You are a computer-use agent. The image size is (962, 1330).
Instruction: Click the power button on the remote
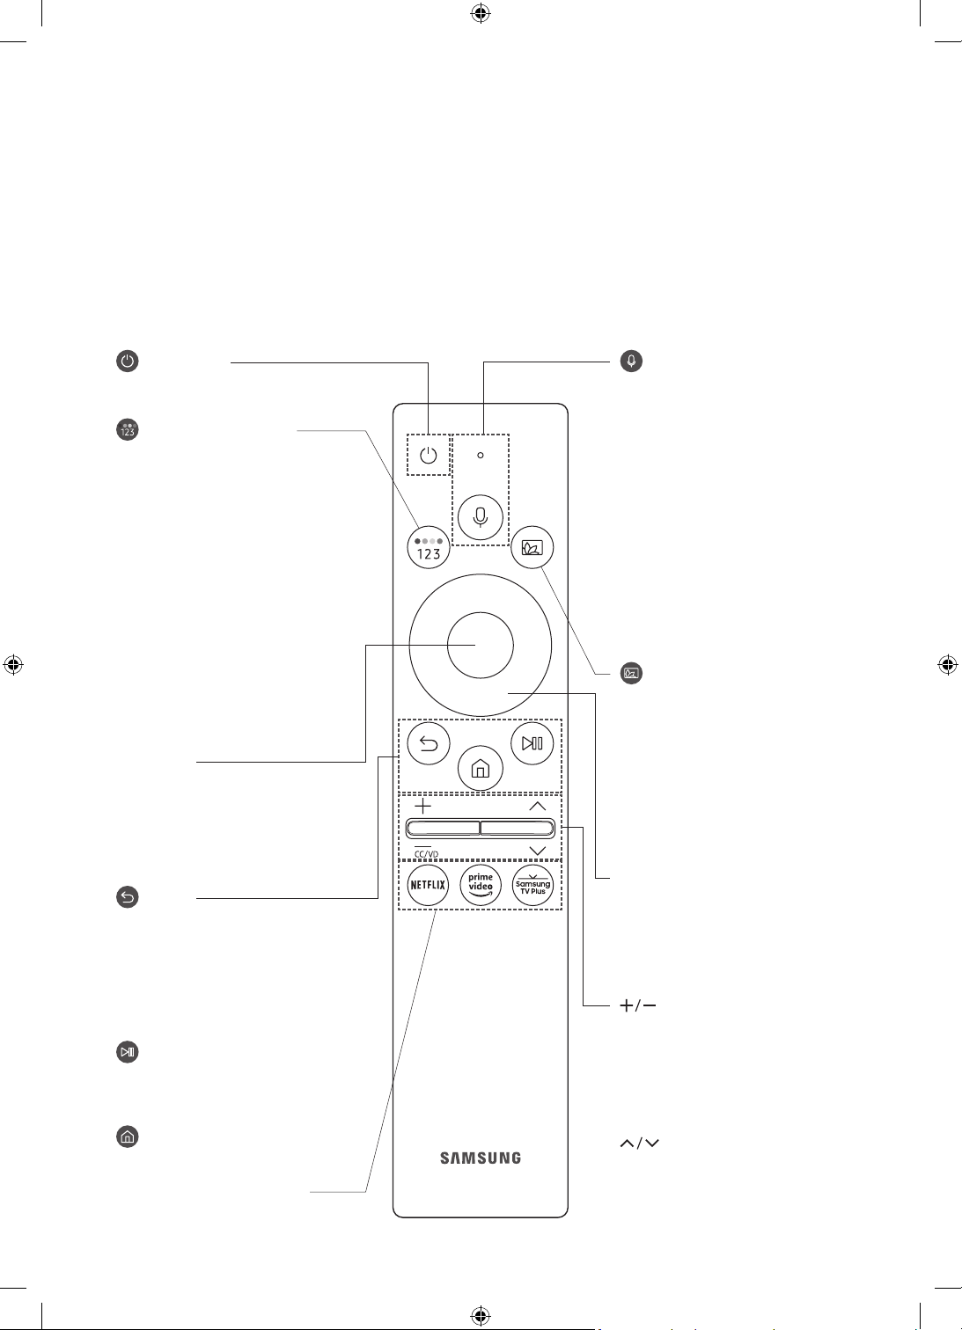click(428, 456)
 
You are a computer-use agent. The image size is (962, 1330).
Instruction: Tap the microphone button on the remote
click(480, 517)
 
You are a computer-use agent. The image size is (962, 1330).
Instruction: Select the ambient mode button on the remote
click(532, 547)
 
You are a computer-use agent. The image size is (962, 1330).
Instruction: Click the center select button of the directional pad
click(480, 646)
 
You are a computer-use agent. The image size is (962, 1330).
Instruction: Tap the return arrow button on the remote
click(429, 743)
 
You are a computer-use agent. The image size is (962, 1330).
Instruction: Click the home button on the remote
click(480, 769)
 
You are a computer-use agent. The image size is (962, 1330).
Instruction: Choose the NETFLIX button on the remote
click(428, 885)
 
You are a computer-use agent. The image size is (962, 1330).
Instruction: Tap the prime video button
click(480, 885)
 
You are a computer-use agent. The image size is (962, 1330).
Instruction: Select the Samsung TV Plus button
click(533, 885)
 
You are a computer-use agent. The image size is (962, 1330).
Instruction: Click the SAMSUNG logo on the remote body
click(480, 1158)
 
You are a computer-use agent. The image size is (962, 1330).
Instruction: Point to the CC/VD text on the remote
click(426, 854)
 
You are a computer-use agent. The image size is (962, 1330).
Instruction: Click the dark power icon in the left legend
click(127, 361)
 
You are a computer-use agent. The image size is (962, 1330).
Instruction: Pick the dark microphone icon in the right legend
click(631, 361)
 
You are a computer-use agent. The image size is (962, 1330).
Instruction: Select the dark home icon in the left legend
click(127, 1136)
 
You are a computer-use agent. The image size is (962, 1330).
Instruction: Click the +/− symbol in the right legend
click(637, 1005)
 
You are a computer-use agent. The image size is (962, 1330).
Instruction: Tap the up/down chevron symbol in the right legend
click(639, 1144)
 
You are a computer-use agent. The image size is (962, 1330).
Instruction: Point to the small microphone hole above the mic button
click(480, 456)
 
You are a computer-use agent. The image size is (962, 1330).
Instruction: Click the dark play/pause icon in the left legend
click(127, 1052)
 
